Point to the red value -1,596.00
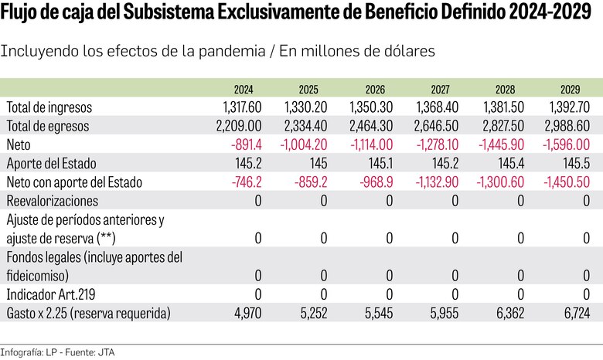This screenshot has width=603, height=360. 569,144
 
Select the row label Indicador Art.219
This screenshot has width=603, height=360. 53,294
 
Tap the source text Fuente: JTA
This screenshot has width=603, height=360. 80,351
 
